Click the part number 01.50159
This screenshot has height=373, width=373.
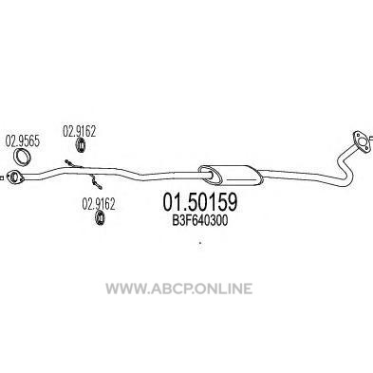click(200, 202)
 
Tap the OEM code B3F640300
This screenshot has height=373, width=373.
click(200, 221)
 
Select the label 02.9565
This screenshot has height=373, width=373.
click(23, 141)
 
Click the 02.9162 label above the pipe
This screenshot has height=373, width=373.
click(79, 131)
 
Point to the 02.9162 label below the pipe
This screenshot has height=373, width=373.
click(99, 204)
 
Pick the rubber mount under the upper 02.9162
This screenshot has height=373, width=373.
click(81, 145)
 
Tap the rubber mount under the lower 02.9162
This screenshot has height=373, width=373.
click(101, 218)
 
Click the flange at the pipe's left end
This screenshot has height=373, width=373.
click(15, 177)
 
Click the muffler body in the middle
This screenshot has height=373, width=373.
click(231, 175)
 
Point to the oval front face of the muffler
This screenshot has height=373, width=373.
click(211, 175)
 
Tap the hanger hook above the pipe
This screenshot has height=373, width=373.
click(73, 164)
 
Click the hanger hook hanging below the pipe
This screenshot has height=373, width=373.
click(95, 181)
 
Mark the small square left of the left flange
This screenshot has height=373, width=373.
click(2, 177)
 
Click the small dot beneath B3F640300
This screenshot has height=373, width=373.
click(200, 243)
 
